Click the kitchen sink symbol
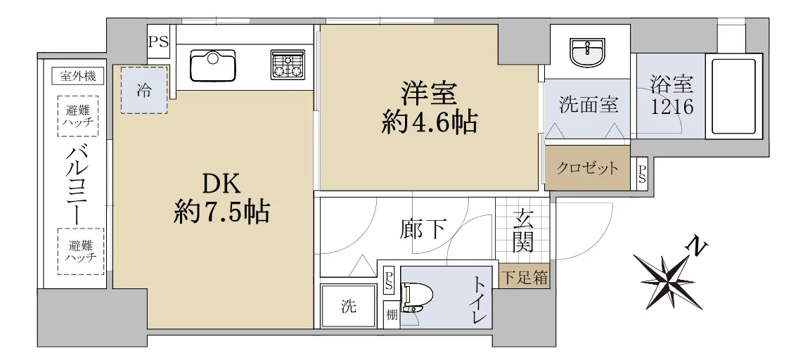click(212, 65)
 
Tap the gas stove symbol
click(288, 65)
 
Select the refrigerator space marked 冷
click(144, 90)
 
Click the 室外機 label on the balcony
click(78, 77)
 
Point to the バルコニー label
click(78, 182)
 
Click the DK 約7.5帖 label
click(221, 198)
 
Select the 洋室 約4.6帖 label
click(429, 108)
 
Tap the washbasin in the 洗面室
click(588, 53)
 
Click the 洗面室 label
click(589, 105)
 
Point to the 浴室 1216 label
click(672, 96)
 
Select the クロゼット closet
click(587, 168)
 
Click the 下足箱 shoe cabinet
click(524, 278)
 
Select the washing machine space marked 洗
click(349, 307)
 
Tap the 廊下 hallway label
click(423, 230)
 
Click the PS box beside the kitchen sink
click(159, 41)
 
